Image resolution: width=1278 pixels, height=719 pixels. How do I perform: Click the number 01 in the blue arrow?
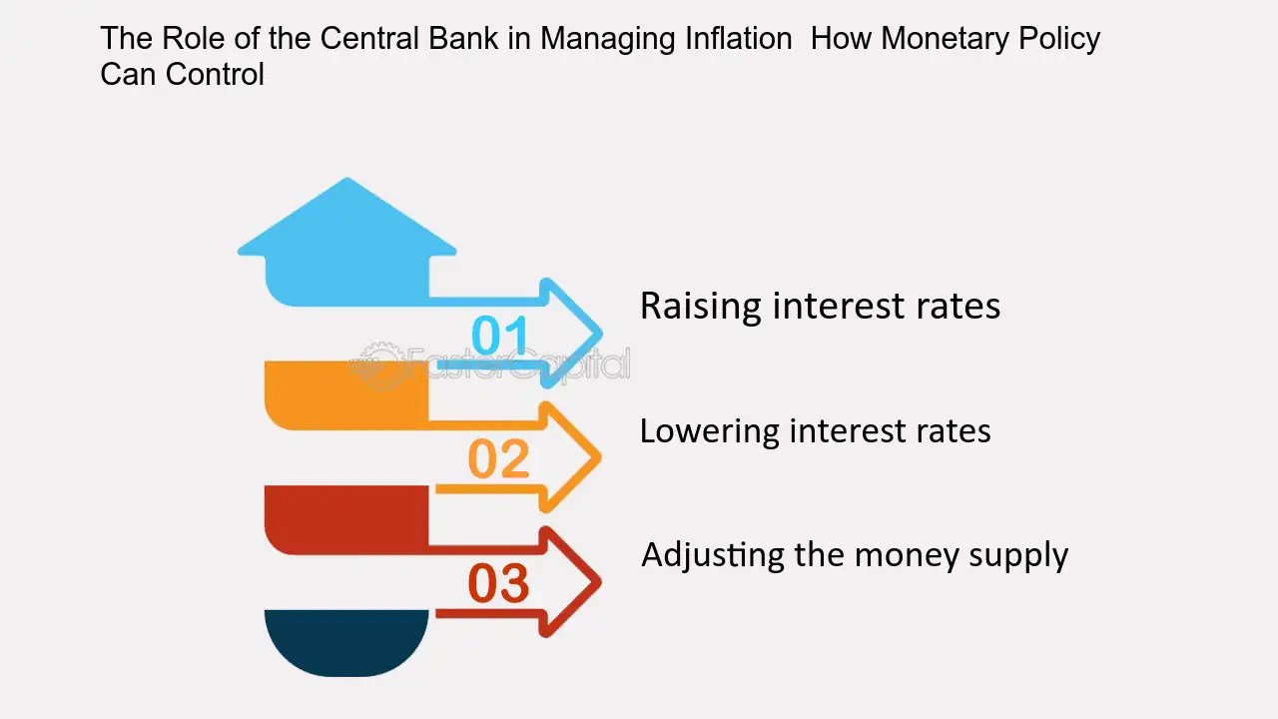pyautogui.click(x=500, y=335)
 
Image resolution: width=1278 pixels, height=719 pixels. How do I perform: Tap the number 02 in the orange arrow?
pyautogui.click(x=498, y=458)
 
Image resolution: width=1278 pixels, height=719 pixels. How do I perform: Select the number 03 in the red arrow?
pyautogui.click(x=498, y=582)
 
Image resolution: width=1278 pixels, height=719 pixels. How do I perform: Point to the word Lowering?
pyautogui.click(x=709, y=432)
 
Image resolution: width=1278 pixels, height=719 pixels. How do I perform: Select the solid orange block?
pyautogui.click(x=346, y=394)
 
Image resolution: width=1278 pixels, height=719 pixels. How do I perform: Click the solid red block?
pyautogui.click(x=346, y=519)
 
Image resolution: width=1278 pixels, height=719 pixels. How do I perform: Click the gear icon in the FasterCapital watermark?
pyautogui.click(x=377, y=364)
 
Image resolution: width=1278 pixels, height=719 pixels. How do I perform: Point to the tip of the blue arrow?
pyautogui.click(x=602, y=334)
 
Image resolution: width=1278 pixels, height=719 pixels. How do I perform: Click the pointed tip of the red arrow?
pyautogui.click(x=601, y=582)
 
